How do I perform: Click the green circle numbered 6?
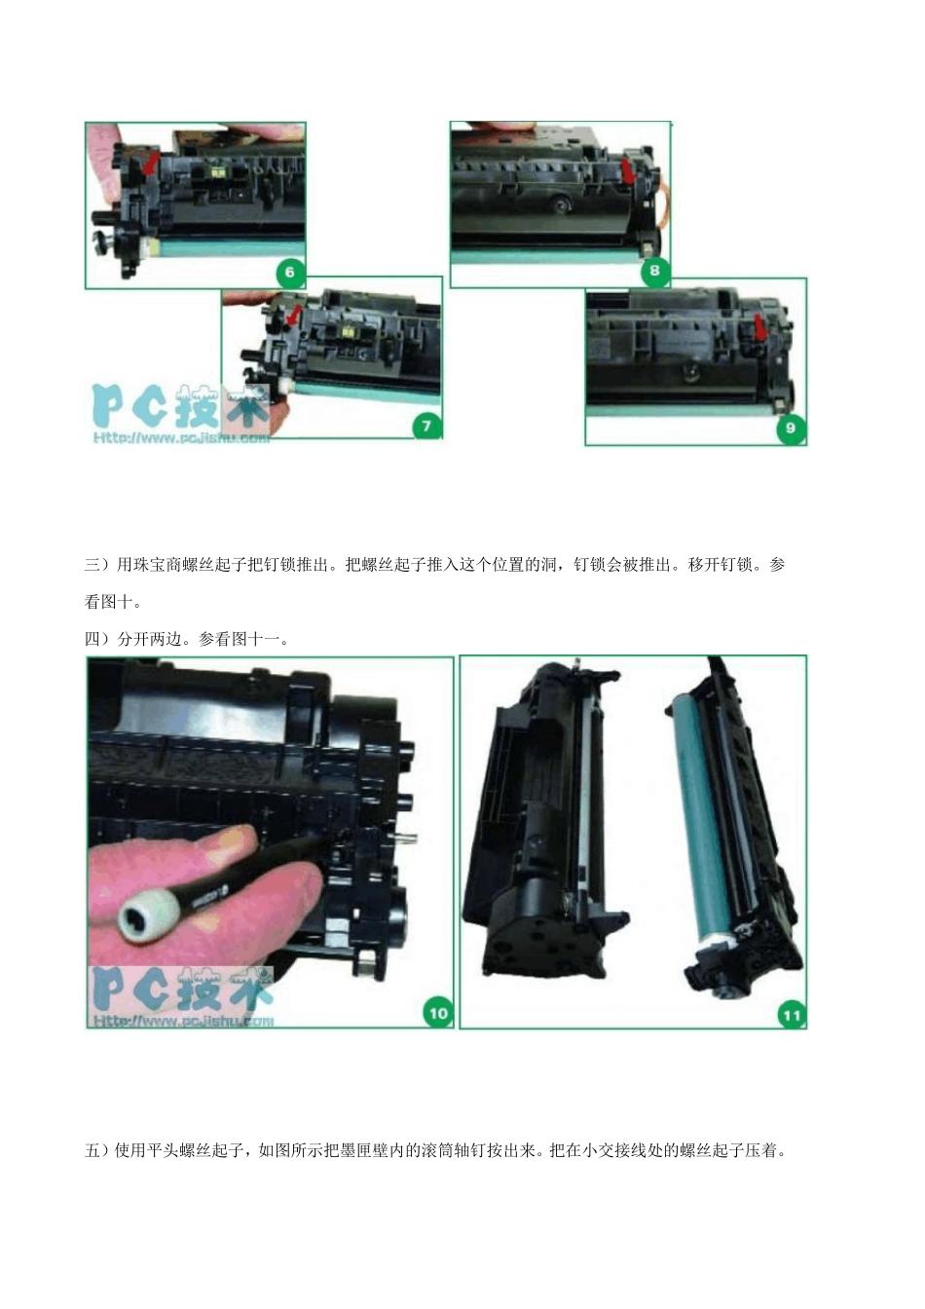coord(289,272)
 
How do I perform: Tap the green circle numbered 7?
coord(426,425)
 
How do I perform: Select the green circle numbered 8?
coord(654,271)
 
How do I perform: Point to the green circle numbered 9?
coord(790,428)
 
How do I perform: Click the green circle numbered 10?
coord(438,1013)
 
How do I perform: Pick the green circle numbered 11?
coord(792,1015)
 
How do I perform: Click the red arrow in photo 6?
coord(149,164)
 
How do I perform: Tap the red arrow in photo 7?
coord(291,317)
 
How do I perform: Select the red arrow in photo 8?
coord(629,171)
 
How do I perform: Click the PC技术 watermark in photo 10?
coord(180,991)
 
